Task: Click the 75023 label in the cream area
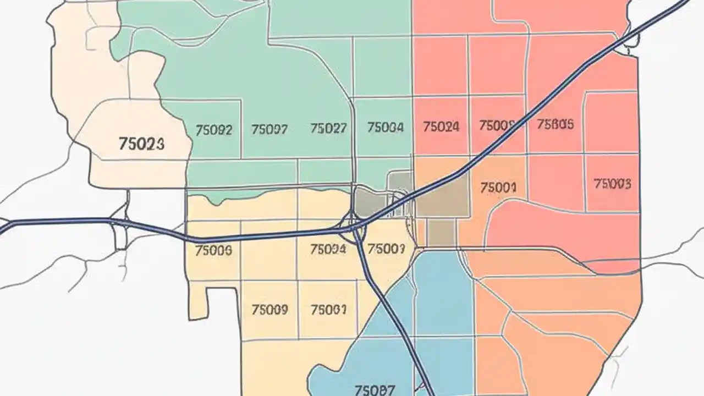click(141, 144)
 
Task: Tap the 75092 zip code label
click(214, 130)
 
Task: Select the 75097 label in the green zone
click(269, 130)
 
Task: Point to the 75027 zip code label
click(328, 129)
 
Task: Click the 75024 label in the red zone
click(441, 127)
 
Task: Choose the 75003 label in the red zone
click(613, 183)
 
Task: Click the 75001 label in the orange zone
click(498, 188)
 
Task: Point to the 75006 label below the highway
click(213, 251)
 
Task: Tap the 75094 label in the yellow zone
click(328, 249)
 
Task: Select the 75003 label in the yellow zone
click(386, 249)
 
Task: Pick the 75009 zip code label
click(269, 310)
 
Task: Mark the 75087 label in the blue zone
click(375, 391)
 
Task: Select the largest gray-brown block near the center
click(443, 196)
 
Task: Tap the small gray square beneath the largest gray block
click(441, 233)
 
